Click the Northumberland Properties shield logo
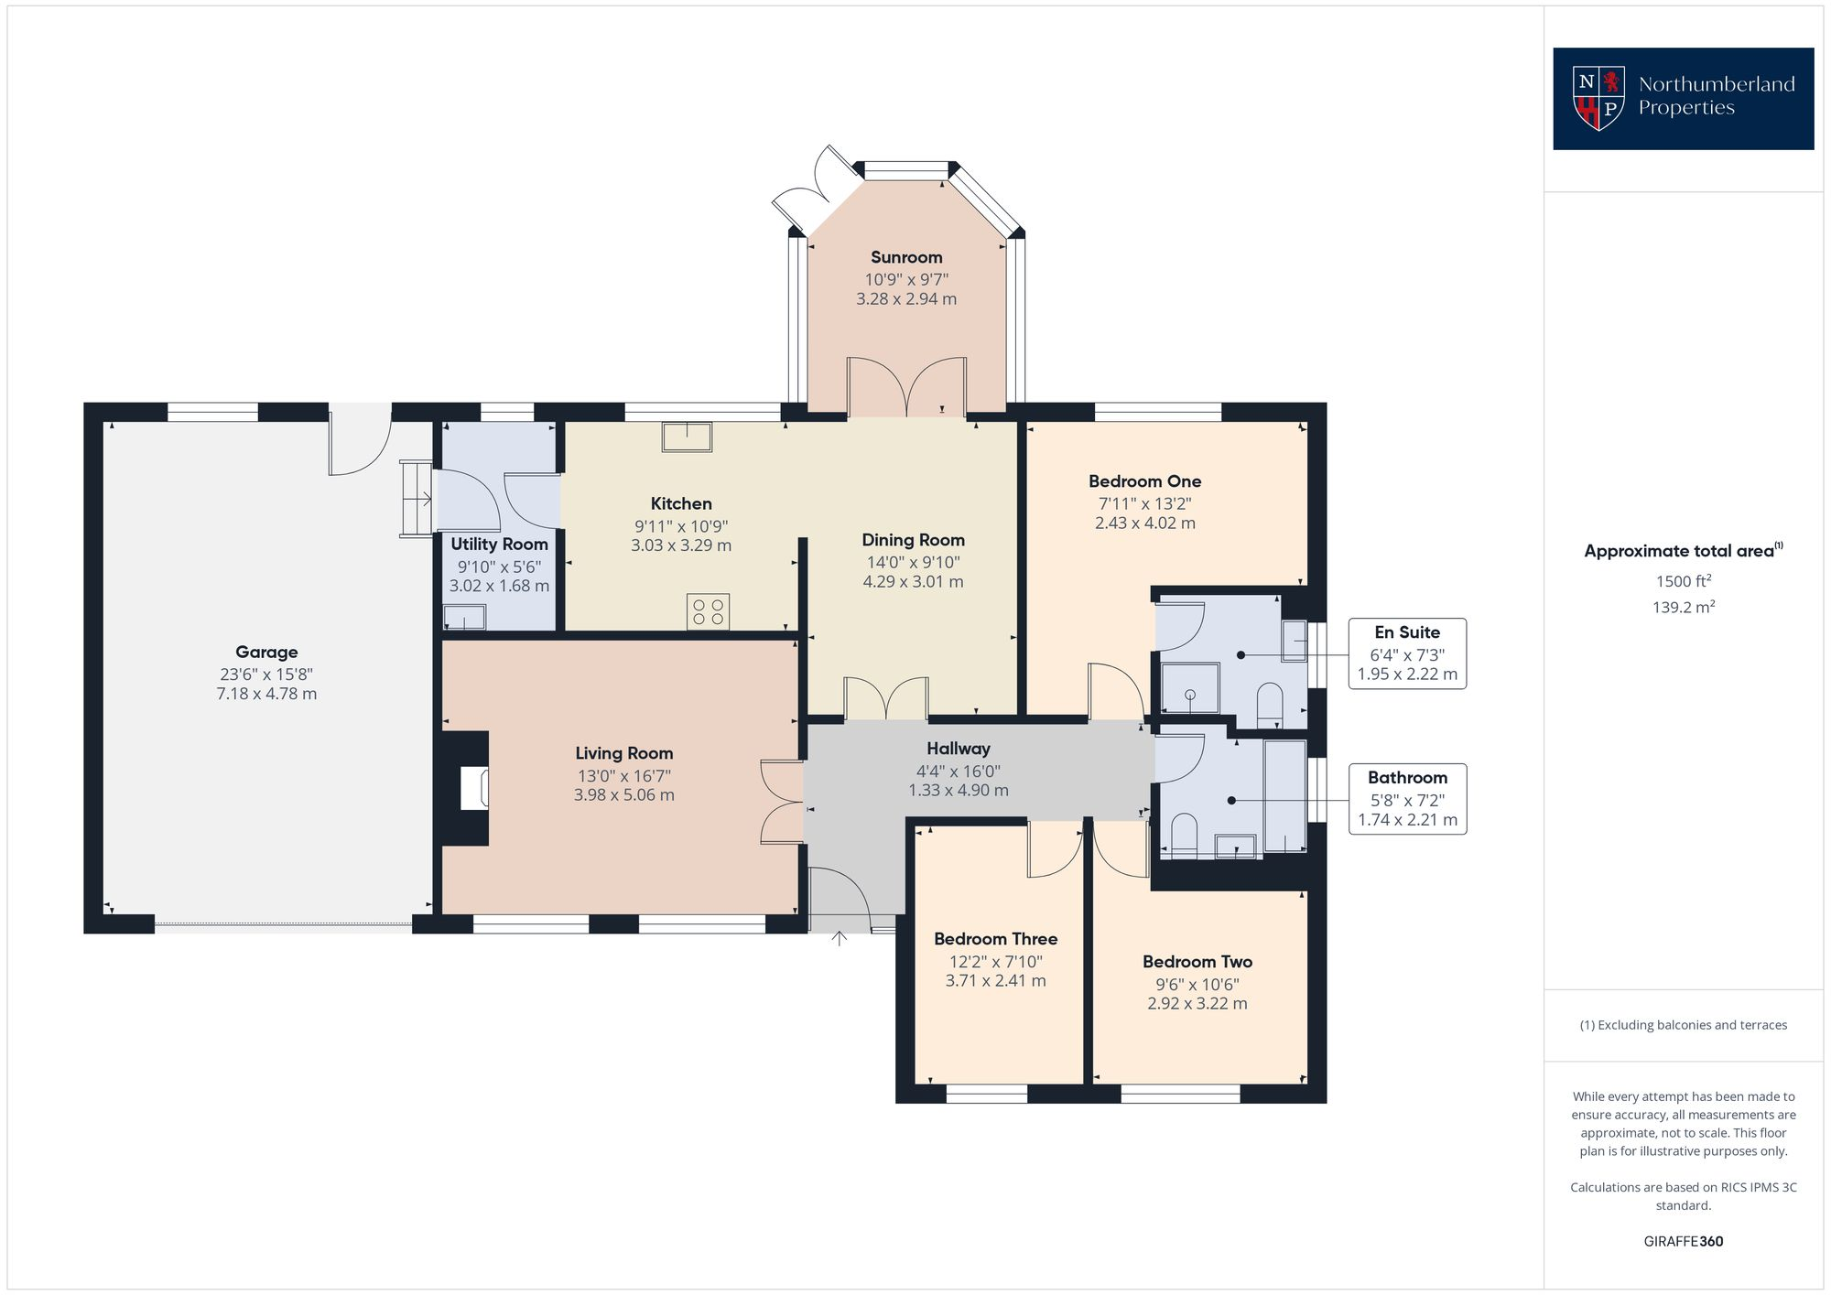pyautogui.click(x=1598, y=98)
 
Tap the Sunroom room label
pyautogui.click(x=905, y=257)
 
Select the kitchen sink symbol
pyautogui.click(x=687, y=437)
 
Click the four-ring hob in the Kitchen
pyautogui.click(x=708, y=612)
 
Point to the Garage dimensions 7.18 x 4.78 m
pyautogui.click(x=266, y=694)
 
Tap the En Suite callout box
pyautogui.click(x=1406, y=653)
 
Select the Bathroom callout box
pyautogui.click(x=1406, y=799)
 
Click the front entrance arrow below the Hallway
pyautogui.click(x=840, y=939)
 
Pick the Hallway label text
pyautogui.click(x=958, y=749)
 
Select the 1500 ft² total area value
pyautogui.click(x=1683, y=581)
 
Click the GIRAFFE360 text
pyautogui.click(x=1683, y=1241)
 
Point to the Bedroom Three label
pyautogui.click(x=995, y=939)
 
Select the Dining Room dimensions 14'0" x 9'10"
pyautogui.click(x=913, y=562)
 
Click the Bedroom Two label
pyautogui.click(x=1197, y=962)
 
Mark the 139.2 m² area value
pyautogui.click(x=1683, y=607)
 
